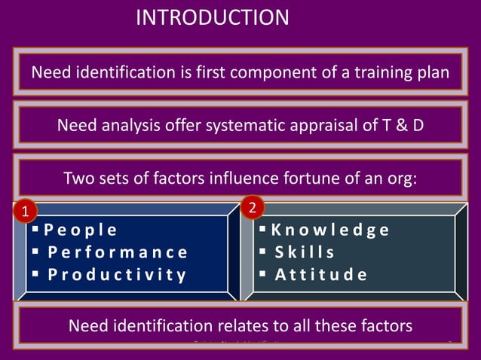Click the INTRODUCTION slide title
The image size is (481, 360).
212,17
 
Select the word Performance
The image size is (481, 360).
118,252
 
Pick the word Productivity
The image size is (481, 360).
117,274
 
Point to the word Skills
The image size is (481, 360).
305,252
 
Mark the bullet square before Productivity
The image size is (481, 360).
35,273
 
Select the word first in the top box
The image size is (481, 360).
230,73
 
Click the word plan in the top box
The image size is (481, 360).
434,73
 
